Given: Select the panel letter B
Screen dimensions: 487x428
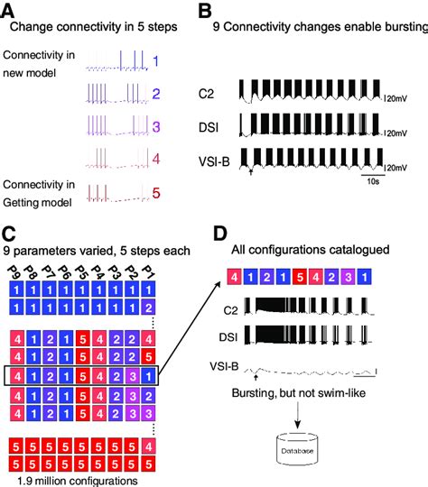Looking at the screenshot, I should tap(205, 11).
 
